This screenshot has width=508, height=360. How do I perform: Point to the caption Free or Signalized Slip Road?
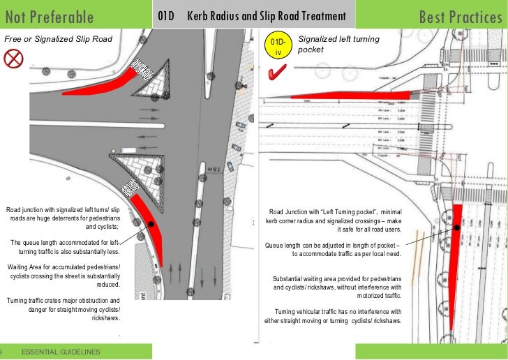[59, 39]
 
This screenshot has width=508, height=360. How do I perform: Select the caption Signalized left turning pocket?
[338, 45]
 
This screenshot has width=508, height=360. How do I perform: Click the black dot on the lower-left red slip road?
[151, 225]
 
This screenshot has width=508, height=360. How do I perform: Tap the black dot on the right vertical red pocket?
[456, 228]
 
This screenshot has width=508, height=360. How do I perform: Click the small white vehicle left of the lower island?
[130, 150]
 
